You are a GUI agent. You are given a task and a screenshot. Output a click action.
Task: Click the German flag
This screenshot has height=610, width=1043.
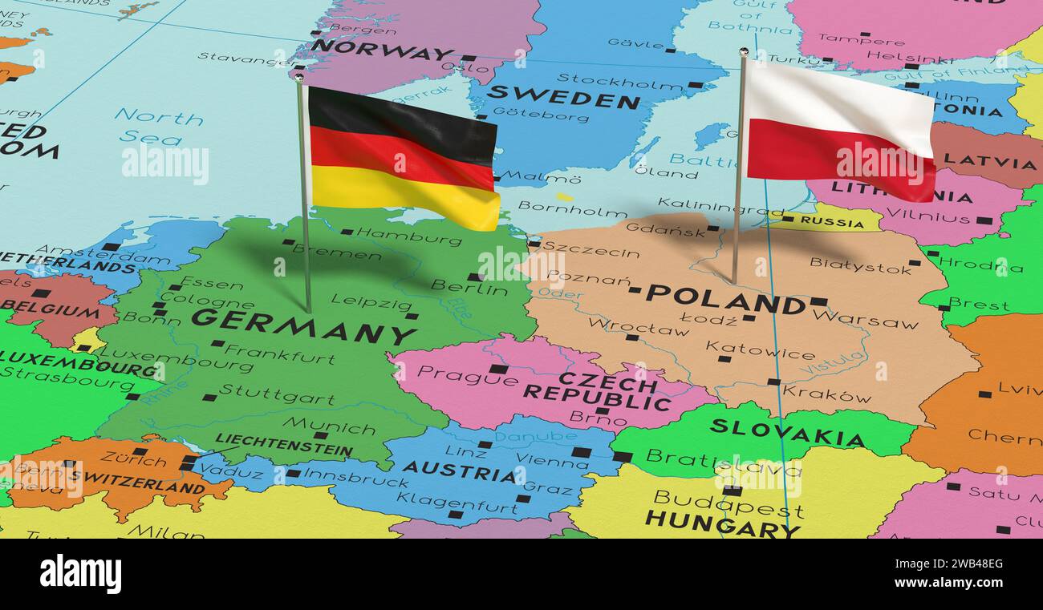403,157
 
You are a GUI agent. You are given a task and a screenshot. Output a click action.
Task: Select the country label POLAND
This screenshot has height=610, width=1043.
725,299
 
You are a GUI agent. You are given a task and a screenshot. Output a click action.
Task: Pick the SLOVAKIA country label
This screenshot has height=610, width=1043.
786,433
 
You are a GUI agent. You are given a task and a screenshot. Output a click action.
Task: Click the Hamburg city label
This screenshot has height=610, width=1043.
408,236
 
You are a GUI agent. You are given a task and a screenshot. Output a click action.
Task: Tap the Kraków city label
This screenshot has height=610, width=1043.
826,394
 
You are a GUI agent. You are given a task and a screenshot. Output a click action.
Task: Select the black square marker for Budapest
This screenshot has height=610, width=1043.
731,491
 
